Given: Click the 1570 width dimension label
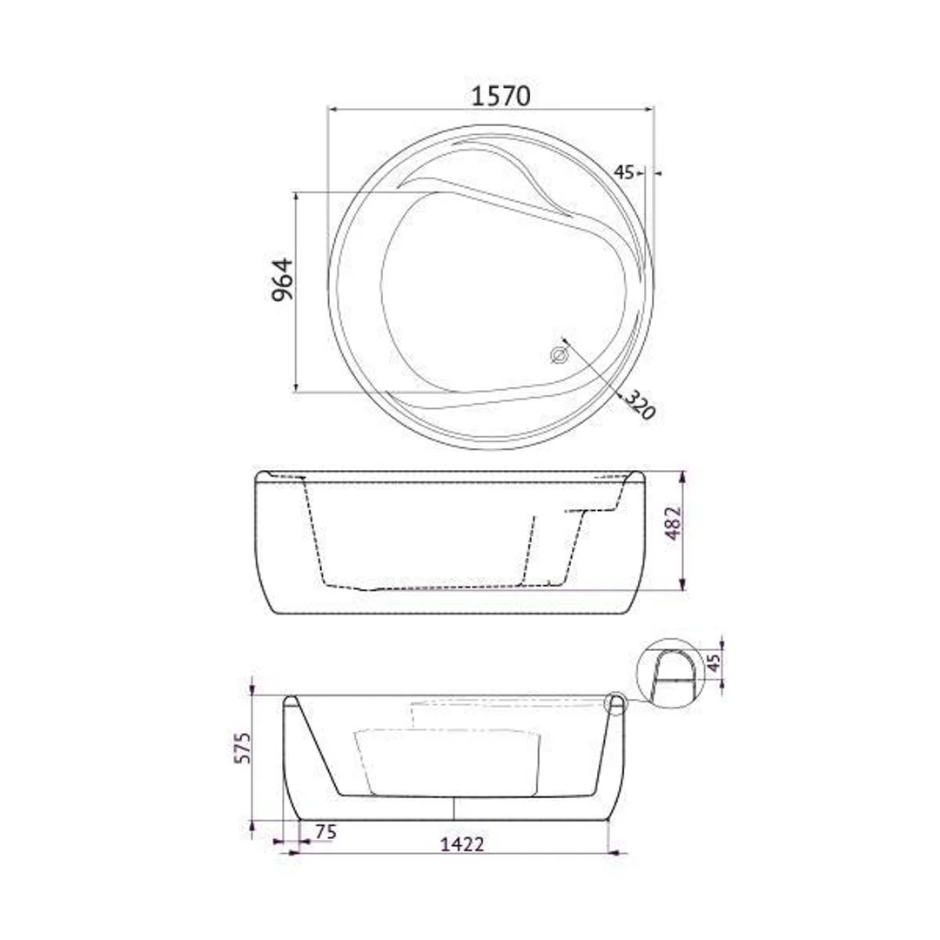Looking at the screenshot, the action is pyautogui.click(x=500, y=96).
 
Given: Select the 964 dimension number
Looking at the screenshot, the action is pyautogui.click(x=282, y=279).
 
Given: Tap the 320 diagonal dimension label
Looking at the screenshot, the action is pyautogui.click(x=640, y=405).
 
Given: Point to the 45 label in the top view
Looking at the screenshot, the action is pyautogui.click(x=623, y=172).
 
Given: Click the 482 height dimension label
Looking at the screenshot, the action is pyautogui.click(x=674, y=523).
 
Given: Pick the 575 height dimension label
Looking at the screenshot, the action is pyautogui.click(x=243, y=747).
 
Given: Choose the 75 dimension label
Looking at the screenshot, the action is pyautogui.click(x=326, y=832).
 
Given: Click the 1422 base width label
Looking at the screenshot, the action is pyautogui.click(x=461, y=844).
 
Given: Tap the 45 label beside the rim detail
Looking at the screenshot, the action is pyautogui.click(x=713, y=663).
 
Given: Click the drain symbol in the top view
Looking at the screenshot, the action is pyautogui.click(x=558, y=355).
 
